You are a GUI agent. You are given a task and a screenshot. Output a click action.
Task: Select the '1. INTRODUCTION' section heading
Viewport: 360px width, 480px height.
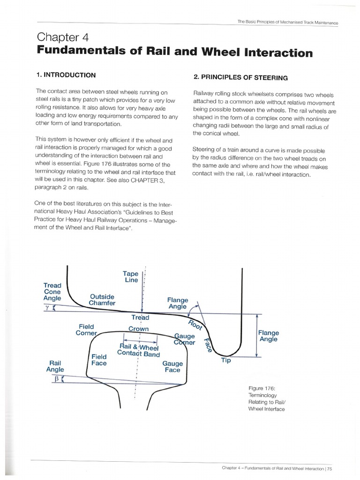click(x=66, y=75)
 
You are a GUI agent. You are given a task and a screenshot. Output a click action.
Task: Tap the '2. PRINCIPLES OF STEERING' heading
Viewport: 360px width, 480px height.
click(x=240, y=77)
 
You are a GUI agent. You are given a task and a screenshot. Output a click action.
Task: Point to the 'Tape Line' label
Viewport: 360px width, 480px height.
click(x=130, y=277)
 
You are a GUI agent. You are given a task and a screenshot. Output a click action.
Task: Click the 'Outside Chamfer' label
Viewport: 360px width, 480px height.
click(x=102, y=300)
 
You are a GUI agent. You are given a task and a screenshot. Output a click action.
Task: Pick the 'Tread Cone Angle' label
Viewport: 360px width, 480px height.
click(x=52, y=291)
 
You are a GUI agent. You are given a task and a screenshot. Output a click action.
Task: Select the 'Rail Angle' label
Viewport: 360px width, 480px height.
click(x=55, y=366)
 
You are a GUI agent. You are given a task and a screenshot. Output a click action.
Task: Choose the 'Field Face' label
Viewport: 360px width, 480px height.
click(x=99, y=360)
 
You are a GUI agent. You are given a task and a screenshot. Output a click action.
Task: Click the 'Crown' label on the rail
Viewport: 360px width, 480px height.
click(x=138, y=329)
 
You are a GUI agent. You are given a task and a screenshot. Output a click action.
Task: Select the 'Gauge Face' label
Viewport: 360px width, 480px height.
click(x=172, y=367)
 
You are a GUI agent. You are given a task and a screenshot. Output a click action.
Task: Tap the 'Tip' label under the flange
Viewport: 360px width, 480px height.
click(x=226, y=360)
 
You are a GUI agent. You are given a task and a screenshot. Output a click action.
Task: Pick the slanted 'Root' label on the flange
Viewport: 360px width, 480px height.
click(x=194, y=326)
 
